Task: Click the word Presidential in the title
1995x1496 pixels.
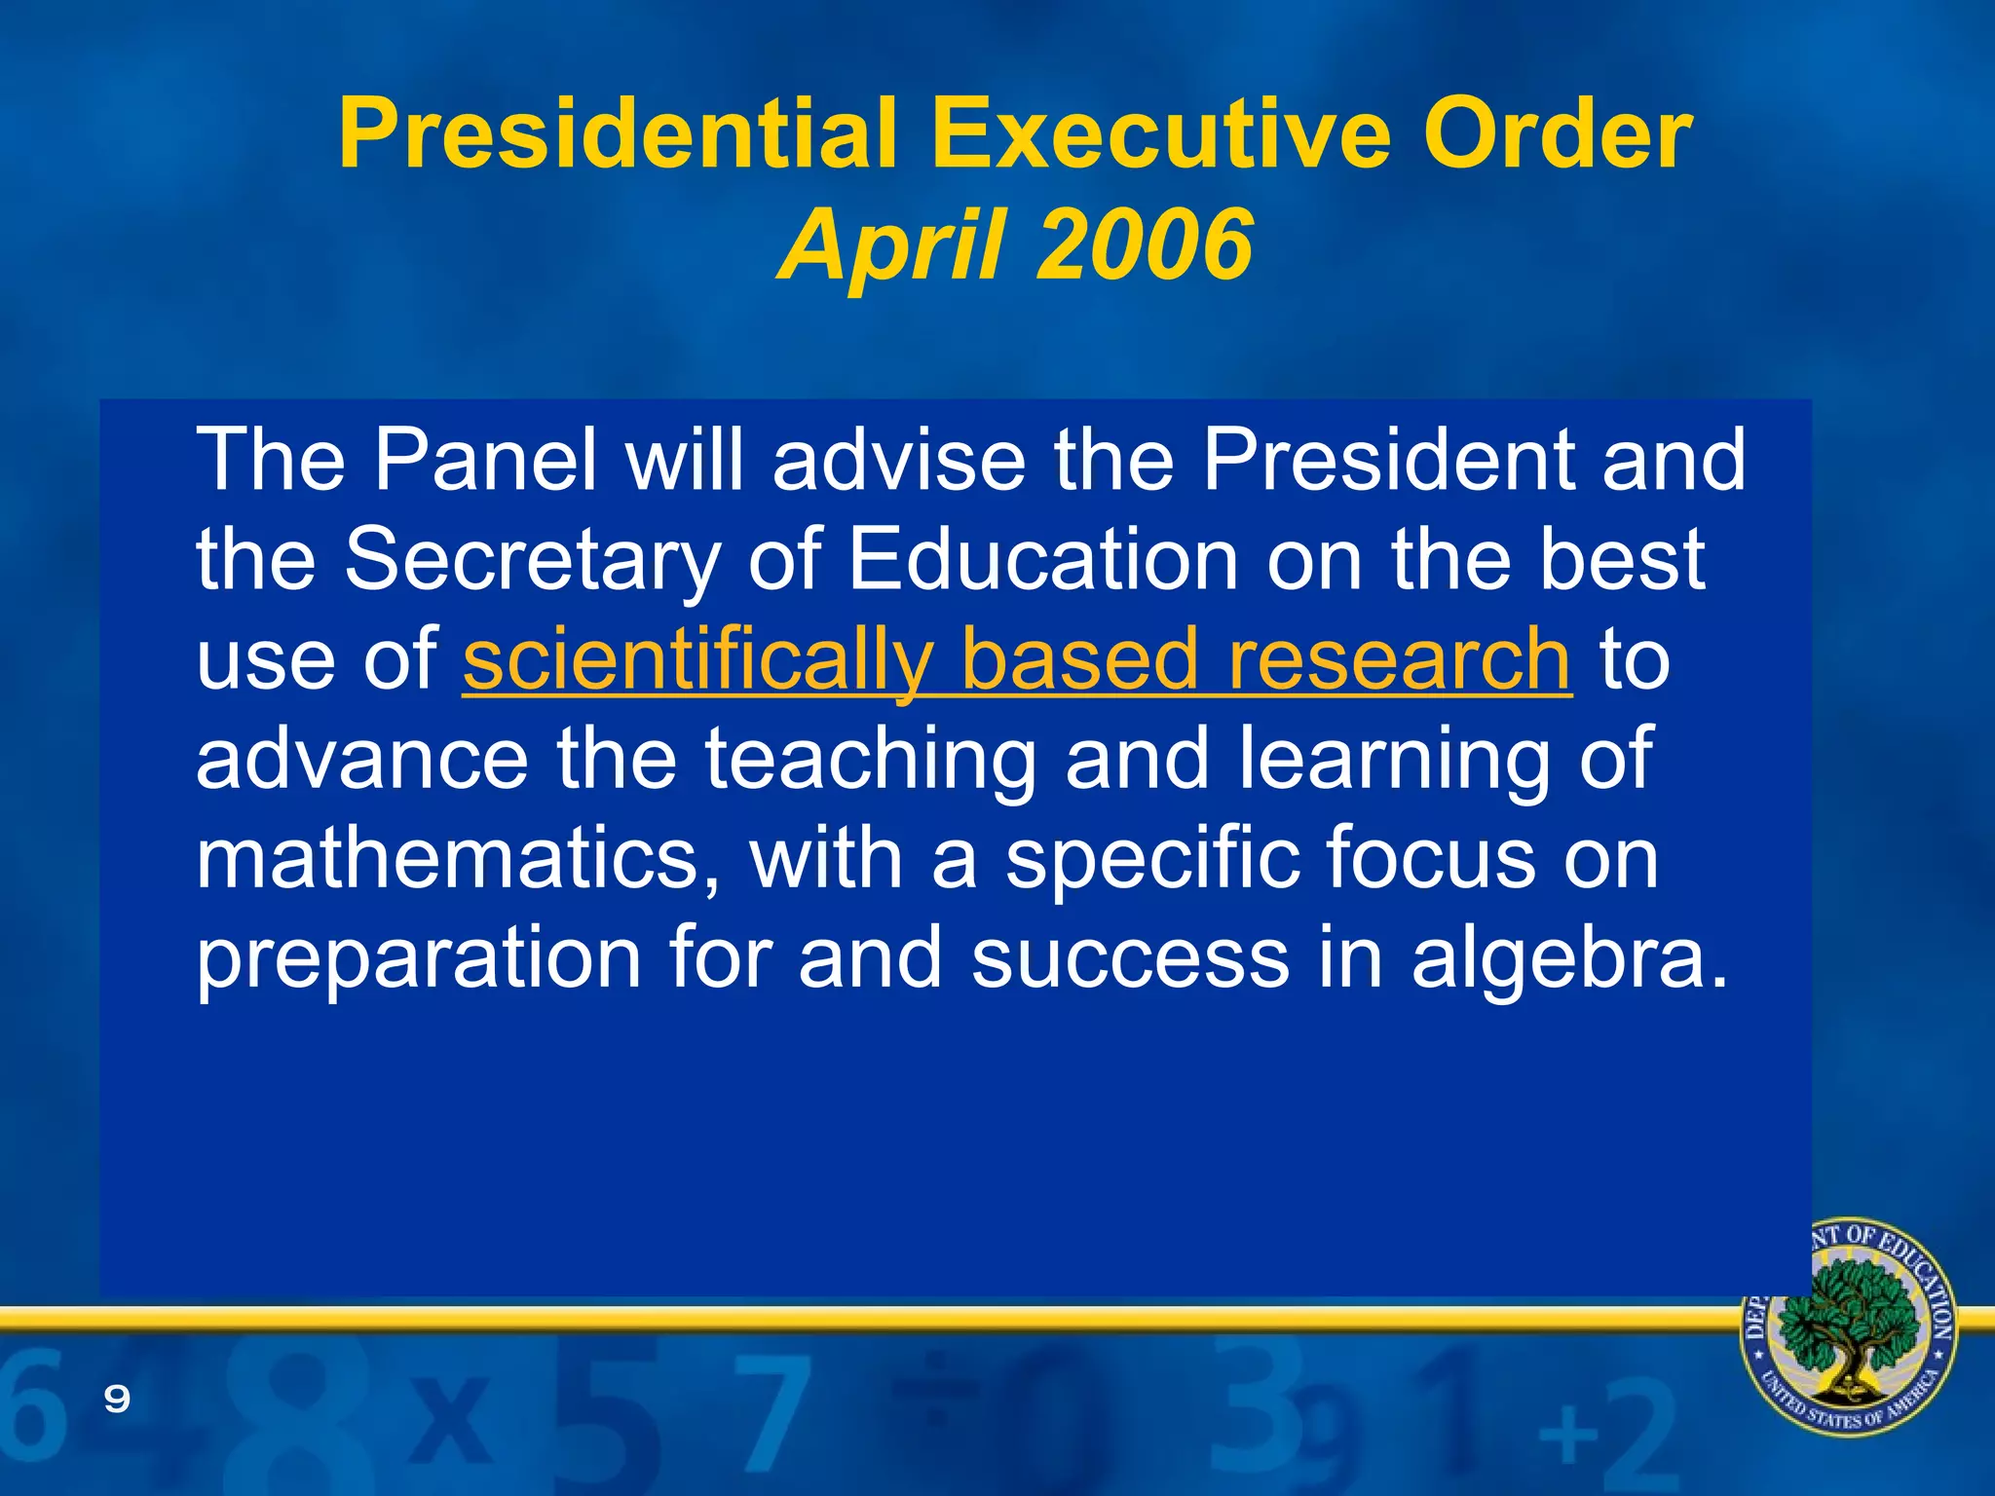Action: point(617,134)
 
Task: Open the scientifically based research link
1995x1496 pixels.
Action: point(1016,660)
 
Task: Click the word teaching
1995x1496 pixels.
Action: point(870,760)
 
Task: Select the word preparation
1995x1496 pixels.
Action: point(419,959)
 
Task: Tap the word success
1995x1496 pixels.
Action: point(1130,959)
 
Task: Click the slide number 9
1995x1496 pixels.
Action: point(117,1400)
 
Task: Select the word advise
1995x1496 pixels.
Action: point(898,460)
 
